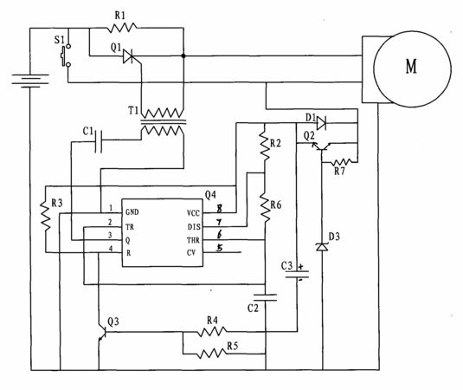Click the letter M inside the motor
point(411,67)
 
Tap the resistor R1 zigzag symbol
point(121,28)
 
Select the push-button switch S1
point(66,55)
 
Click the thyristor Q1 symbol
point(129,55)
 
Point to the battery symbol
point(30,81)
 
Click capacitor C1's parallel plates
point(99,140)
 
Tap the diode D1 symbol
point(321,123)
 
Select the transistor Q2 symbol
point(321,146)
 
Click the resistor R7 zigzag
point(341,162)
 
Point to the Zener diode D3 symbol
point(322,247)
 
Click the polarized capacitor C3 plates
point(297,275)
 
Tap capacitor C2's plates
point(266,297)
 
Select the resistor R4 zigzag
point(212,331)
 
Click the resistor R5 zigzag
point(212,354)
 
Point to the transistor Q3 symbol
point(102,333)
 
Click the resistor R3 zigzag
point(46,215)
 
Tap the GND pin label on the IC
point(132,212)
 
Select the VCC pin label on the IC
point(193,213)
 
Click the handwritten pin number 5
point(219,248)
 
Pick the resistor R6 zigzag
point(265,207)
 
